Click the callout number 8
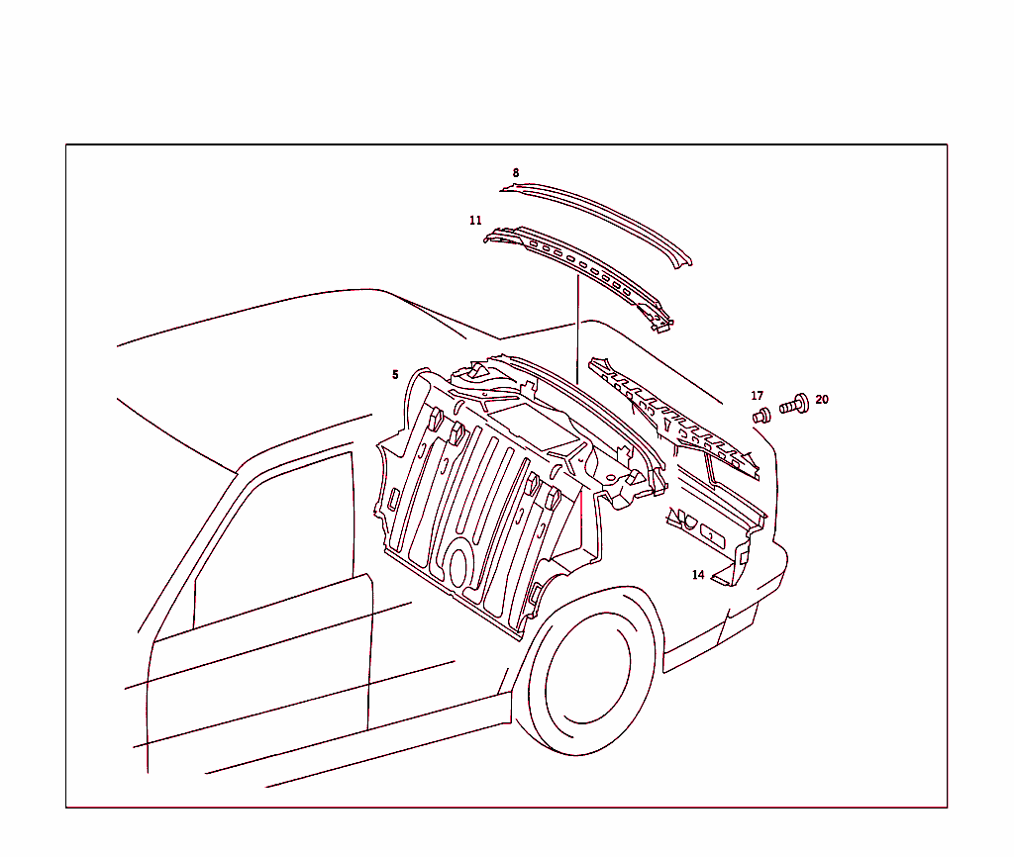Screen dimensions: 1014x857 pyautogui.click(x=515, y=172)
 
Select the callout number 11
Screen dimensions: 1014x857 pyautogui.click(x=475, y=221)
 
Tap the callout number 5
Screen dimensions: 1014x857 pyautogui.click(x=395, y=374)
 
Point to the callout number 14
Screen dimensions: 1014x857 pyautogui.click(x=698, y=575)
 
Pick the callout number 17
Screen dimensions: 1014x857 pyautogui.click(x=757, y=395)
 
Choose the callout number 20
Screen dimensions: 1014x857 pyautogui.click(x=822, y=400)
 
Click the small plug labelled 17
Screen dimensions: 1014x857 pyautogui.click(x=761, y=416)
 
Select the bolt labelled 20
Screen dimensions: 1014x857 pyautogui.click(x=794, y=404)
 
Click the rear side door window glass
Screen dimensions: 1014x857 pyautogui.click(x=275, y=539)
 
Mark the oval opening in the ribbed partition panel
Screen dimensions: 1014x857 pyautogui.click(x=457, y=567)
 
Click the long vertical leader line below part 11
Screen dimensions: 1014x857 pyautogui.click(x=577, y=329)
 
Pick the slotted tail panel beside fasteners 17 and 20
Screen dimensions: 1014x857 pyautogui.click(x=672, y=417)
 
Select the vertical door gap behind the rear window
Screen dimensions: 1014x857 pyautogui.click(x=370, y=653)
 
